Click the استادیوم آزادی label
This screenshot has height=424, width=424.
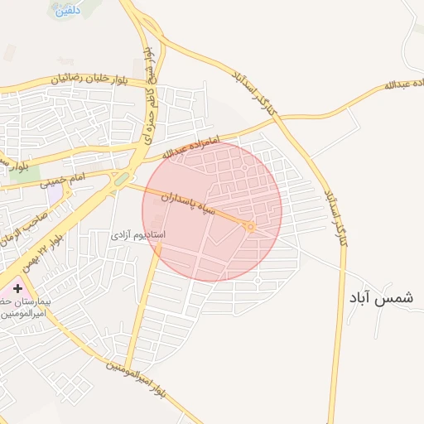pos(138,235)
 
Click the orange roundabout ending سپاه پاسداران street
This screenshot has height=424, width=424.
pos(250,226)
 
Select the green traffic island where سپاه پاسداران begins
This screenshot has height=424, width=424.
pos(121,179)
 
